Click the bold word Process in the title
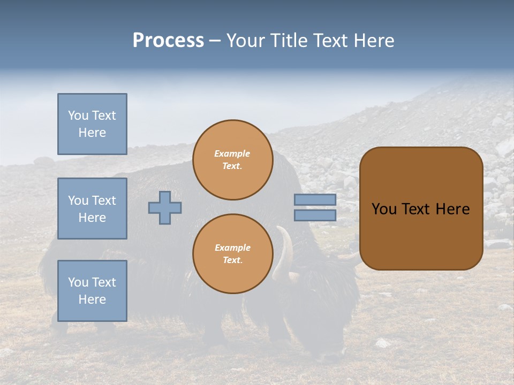[x=168, y=41]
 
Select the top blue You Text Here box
[x=92, y=124]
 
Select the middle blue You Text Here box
[x=92, y=209]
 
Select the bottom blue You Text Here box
[x=92, y=290]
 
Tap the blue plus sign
[x=165, y=207]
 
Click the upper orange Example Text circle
[x=232, y=160]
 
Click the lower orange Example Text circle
[x=232, y=253]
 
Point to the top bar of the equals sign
[x=315, y=199]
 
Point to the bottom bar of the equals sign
[x=315, y=215]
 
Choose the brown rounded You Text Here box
[x=421, y=209]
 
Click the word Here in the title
[x=374, y=41]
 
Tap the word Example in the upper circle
[x=232, y=154]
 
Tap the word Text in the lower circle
[x=232, y=260]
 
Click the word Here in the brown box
[x=453, y=209]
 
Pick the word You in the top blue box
[x=78, y=115]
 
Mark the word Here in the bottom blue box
[x=92, y=299]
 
